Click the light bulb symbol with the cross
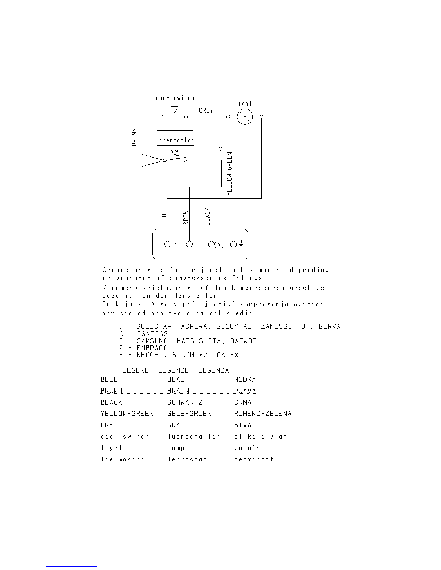point(245,117)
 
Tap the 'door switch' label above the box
point(175,98)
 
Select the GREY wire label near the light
point(206,110)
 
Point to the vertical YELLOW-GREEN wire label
point(229,174)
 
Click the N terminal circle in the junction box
point(167,244)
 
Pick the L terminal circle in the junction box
point(189,244)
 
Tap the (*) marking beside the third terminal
point(219,245)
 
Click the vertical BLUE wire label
point(164,218)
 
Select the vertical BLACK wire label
point(207,216)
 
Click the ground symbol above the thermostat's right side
point(217,141)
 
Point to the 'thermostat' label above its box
point(177,140)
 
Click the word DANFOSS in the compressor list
point(152,334)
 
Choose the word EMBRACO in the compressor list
point(152,348)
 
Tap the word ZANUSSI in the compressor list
point(276,326)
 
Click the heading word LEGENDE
point(174,370)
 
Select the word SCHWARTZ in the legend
point(185,402)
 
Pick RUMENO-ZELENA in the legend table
point(263,414)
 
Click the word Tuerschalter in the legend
point(193,437)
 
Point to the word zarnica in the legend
point(249,448)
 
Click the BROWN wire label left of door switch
point(134,137)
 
